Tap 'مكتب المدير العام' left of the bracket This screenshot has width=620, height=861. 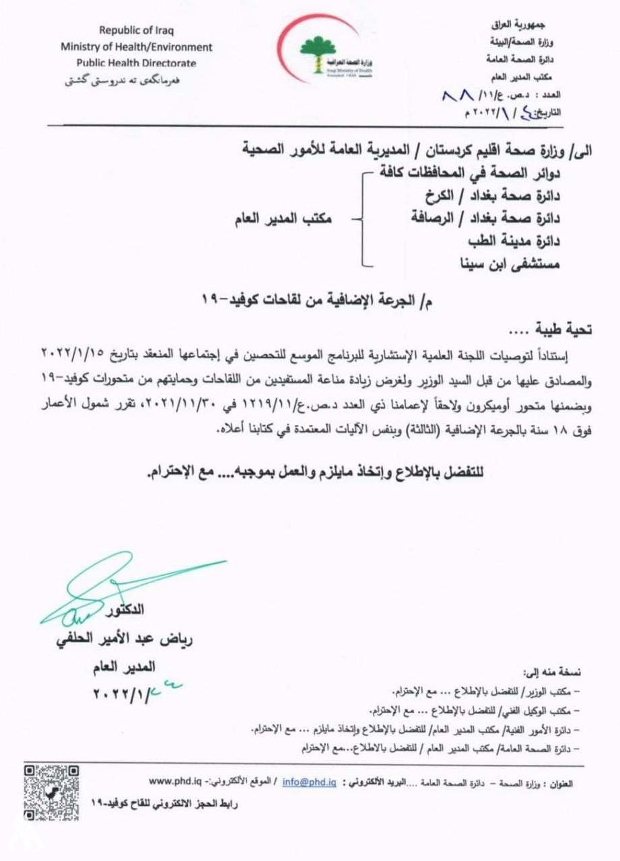click(283, 219)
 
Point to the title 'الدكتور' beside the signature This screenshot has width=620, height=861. click(125, 610)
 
